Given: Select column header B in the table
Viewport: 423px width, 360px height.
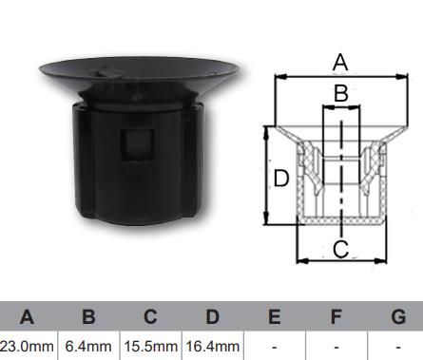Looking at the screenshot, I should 88,317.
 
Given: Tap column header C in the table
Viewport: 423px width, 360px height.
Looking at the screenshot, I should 149,317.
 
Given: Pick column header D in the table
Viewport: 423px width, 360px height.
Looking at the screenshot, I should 212,317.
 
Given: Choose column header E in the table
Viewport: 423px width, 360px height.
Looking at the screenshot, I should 274,317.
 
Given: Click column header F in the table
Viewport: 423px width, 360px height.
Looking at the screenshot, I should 336,317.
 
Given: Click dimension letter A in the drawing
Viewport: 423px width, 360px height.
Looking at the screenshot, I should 340,63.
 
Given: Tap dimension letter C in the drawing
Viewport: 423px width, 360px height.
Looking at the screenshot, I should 340,250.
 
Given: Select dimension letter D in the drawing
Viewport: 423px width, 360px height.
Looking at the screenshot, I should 280,179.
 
